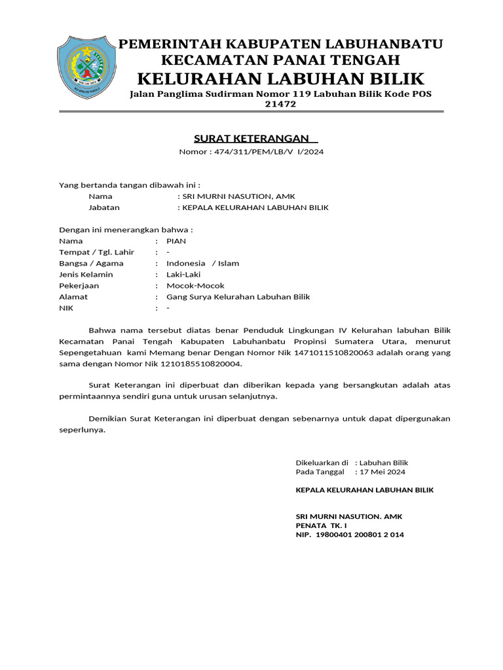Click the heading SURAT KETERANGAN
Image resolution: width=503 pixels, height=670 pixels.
coord(242,139)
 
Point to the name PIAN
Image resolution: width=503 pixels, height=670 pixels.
coord(176,241)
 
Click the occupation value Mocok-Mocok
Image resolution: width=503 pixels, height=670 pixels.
coord(195,286)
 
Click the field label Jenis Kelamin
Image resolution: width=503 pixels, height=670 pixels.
coord(86,274)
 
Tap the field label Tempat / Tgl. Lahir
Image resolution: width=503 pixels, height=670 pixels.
coord(96,252)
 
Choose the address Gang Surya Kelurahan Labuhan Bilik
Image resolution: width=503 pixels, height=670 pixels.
coord(238,297)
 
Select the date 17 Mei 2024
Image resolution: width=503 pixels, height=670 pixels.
coord(380,472)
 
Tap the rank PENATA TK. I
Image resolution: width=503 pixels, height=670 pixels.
coord(321,525)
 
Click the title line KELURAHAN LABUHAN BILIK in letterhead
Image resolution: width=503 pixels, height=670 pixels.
coord(280,79)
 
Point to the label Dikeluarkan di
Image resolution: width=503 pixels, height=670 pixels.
coord(322,463)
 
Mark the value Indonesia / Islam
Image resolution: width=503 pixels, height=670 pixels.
coord(203,263)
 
